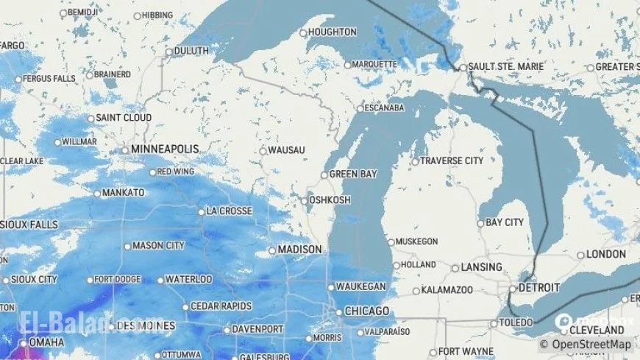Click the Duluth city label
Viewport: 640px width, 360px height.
pyautogui.click(x=191, y=51)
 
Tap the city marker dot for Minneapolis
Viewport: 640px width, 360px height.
pyautogui.click(x=125, y=150)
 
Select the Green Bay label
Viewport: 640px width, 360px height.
pyautogui.click(x=352, y=174)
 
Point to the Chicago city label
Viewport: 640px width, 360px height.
pyautogui.click(x=366, y=311)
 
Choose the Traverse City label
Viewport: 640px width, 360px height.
pyautogui.click(x=452, y=160)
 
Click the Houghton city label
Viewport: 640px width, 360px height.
pyautogui.click(x=332, y=32)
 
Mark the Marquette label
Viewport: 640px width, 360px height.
pyautogui.click(x=374, y=64)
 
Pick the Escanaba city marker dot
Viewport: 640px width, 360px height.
pyautogui.click(x=360, y=108)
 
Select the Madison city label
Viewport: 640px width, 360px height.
pyautogui.click(x=300, y=250)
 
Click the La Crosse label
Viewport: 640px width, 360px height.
pyautogui.click(x=229, y=211)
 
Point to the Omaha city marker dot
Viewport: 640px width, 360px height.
pyautogui.click(x=24, y=343)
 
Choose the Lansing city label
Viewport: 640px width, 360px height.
pyautogui.click(x=481, y=267)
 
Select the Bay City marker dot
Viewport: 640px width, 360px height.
pyautogui.click(x=481, y=223)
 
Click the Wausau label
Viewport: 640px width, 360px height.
pyautogui.click(x=286, y=150)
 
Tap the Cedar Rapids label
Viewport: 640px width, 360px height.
pyautogui.click(x=221, y=306)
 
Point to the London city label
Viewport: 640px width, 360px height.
pyautogui.click(x=606, y=255)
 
